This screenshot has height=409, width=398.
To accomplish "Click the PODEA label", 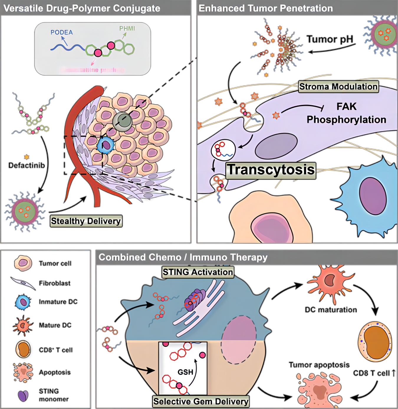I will pyautogui.click(x=62, y=32).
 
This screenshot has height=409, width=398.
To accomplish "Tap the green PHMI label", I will pyautogui.click(x=127, y=29).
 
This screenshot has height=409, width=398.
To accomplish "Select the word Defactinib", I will pyautogui.click(x=27, y=165).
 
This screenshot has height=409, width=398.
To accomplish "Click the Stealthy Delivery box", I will pyautogui.click(x=86, y=221).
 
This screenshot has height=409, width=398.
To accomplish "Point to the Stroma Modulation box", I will pyautogui.click(x=338, y=87).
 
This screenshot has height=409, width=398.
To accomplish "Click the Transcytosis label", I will pyautogui.click(x=271, y=170).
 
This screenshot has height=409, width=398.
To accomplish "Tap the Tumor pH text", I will pyautogui.click(x=330, y=39).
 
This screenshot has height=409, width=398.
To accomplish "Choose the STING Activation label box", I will pyautogui.click(x=198, y=272).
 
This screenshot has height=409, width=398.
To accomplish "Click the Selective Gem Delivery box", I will pyautogui.click(x=201, y=401).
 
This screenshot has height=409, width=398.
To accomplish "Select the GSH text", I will pyautogui.click(x=185, y=372).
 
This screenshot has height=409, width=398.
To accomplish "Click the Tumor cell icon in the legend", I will pyautogui.click(x=23, y=263).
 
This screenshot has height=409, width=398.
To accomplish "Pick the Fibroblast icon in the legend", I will pyautogui.click(x=23, y=283).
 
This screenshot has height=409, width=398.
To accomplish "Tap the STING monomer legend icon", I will pyautogui.click(x=23, y=395).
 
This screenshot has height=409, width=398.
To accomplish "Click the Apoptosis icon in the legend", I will pyautogui.click(x=23, y=372).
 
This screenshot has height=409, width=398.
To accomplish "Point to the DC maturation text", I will pyautogui.click(x=331, y=310).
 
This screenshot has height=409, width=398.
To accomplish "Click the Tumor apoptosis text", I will pyautogui.click(x=319, y=365).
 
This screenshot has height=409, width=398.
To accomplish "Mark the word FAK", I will pyautogui.click(x=346, y=106).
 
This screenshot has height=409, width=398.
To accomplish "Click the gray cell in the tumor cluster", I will pyautogui.click(x=122, y=121).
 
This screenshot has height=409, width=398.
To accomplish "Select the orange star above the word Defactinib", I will pyautogui.click(x=27, y=157).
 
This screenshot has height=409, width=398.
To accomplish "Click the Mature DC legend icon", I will pyautogui.click(x=23, y=325).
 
